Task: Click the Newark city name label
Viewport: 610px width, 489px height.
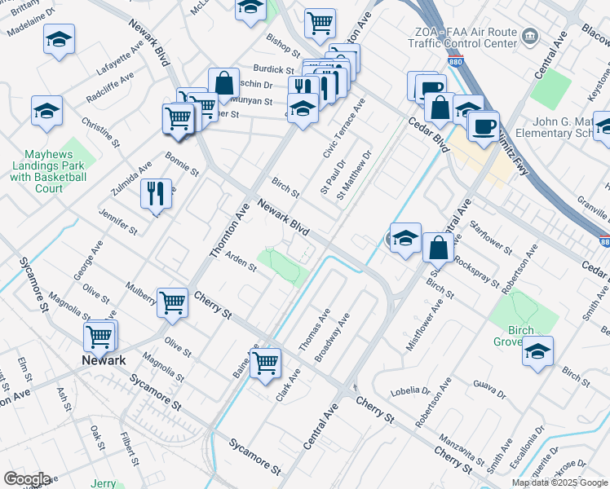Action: click(x=102, y=360)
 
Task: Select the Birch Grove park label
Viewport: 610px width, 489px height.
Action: click(x=515, y=336)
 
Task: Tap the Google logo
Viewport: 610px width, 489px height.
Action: click(x=27, y=478)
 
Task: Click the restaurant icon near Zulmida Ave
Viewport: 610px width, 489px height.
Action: click(x=154, y=194)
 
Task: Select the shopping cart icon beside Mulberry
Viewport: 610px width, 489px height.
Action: click(x=172, y=303)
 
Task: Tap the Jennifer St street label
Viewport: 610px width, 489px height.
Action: click(x=117, y=222)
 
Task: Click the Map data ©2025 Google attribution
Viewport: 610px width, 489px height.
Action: click(x=559, y=482)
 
